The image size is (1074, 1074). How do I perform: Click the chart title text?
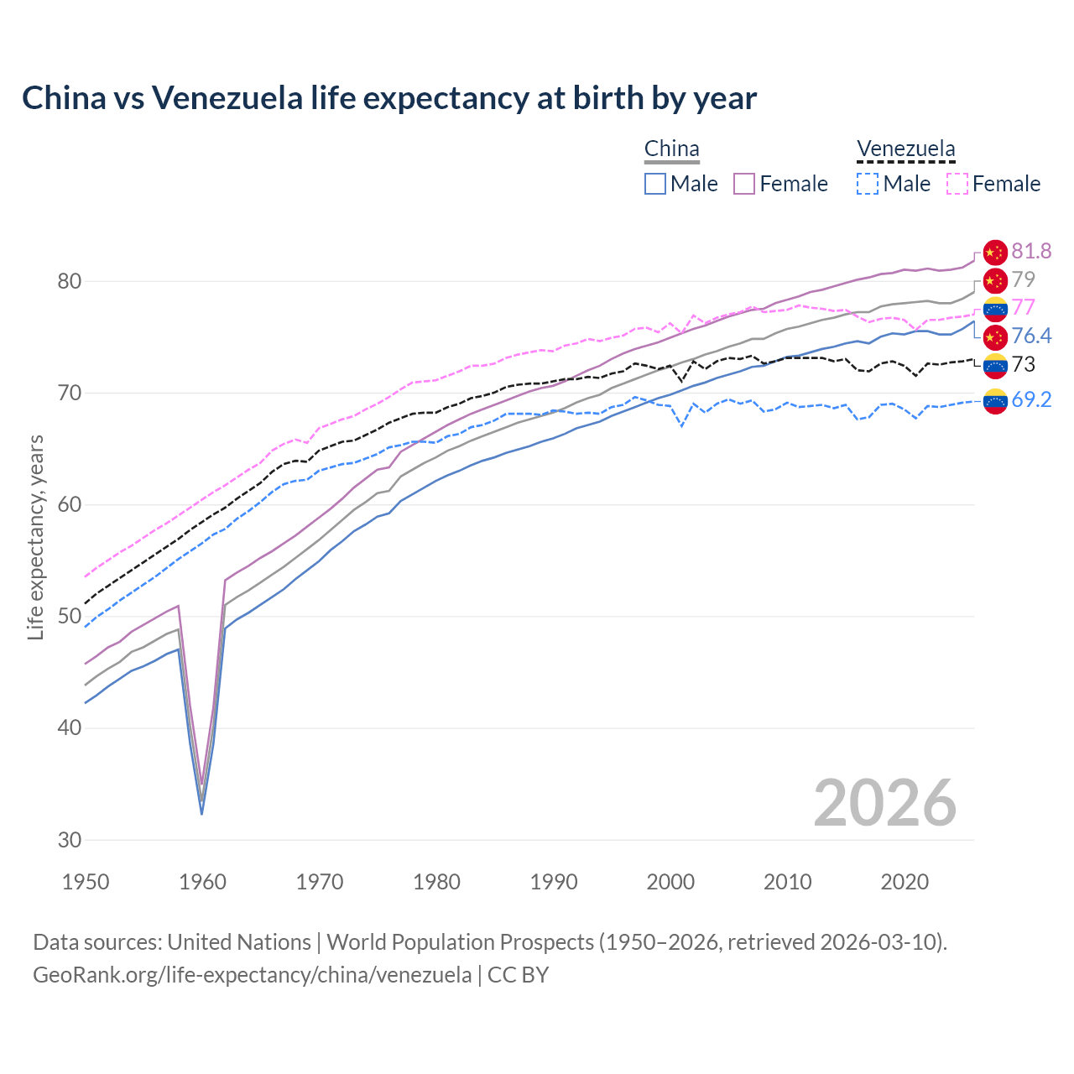tap(389, 98)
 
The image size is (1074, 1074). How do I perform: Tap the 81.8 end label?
tap(1031, 251)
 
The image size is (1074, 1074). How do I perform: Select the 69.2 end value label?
tap(1031, 399)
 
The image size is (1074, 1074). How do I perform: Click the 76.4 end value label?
tap(1031, 336)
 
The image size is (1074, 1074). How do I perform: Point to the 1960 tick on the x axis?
tap(203, 882)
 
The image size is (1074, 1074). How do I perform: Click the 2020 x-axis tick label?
tap(905, 882)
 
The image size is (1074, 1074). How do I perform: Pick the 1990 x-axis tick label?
tap(554, 882)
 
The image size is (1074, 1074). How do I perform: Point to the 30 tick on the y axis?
tap(70, 840)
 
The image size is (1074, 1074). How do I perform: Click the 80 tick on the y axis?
tap(70, 281)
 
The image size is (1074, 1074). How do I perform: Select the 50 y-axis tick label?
tap(70, 617)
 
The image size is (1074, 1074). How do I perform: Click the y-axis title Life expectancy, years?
tap(35, 537)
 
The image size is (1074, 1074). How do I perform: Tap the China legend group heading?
tap(671, 149)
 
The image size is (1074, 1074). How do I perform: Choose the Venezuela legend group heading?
tap(905, 149)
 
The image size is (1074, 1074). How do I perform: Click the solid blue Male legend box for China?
tap(655, 184)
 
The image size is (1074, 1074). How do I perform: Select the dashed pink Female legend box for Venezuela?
tap(957, 184)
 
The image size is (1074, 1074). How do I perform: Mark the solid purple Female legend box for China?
tap(744, 184)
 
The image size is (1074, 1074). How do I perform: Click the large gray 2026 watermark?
tap(885, 803)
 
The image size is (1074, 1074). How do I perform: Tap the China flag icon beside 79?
tap(995, 280)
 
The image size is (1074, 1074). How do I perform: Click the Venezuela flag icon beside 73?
tap(995, 365)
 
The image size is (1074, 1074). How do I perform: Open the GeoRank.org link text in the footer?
tap(252, 975)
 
